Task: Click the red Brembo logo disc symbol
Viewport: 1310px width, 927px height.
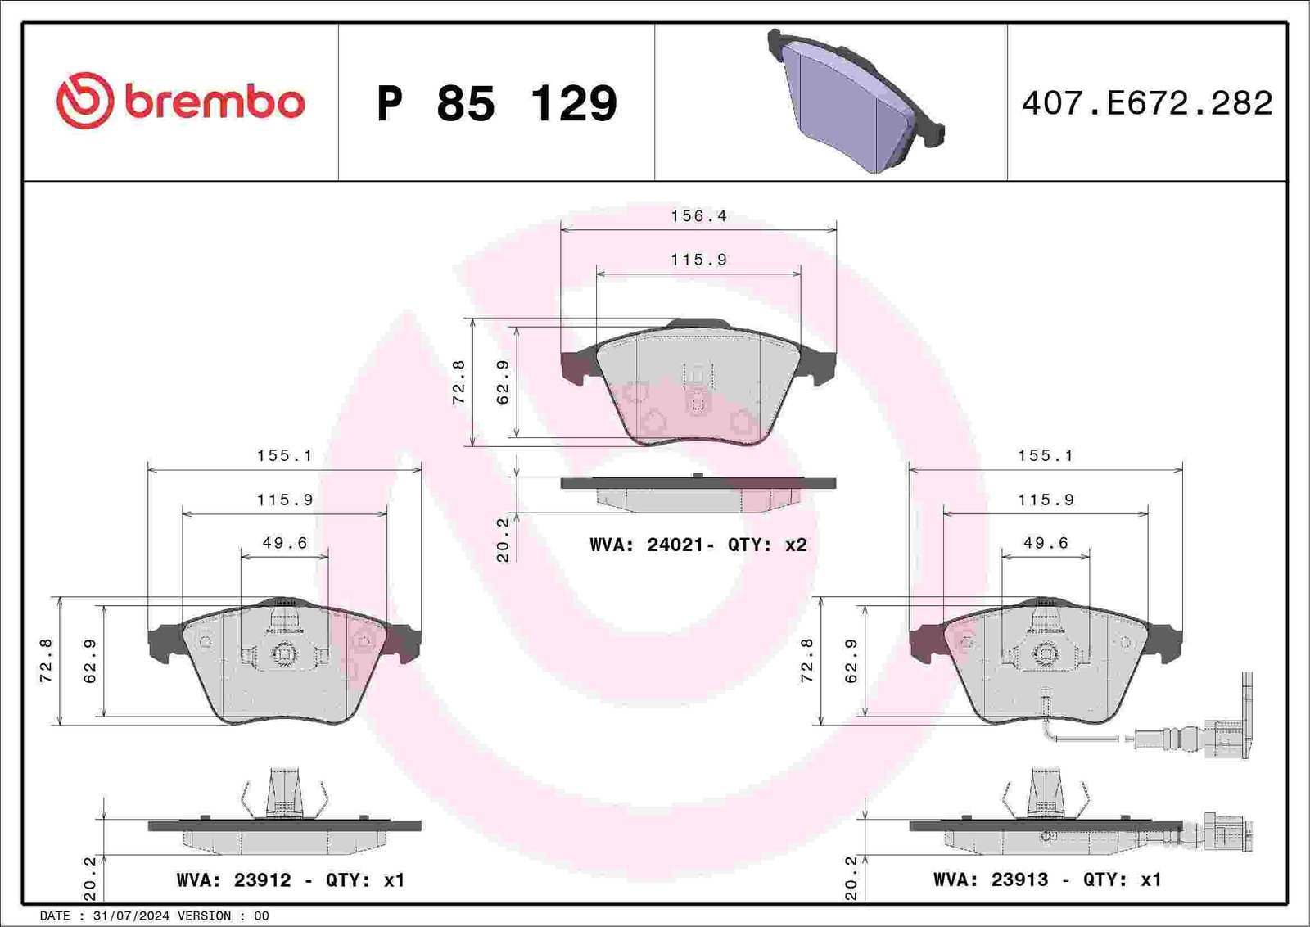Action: pyautogui.click(x=85, y=101)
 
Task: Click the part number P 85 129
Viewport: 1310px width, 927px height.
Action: pyautogui.click(x=497, y=103)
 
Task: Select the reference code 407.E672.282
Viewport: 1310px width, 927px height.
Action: pyautogui.click(x=1147, y=103)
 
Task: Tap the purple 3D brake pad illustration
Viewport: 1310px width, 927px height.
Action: pyautogui.click(x=856, y=102)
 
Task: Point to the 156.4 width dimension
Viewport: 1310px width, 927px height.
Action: pyautogui.click(x=699, y=216)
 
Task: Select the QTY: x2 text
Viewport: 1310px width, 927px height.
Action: pyautogui.click(x=766, y=545)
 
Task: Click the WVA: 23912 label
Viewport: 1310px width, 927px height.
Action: pyautogui.click(x=233, y=880)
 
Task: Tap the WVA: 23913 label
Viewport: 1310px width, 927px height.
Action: pyautogui.click(x=991, y=880)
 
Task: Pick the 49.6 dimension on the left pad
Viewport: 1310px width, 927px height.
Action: pyautogui.click(x=285, y=543)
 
